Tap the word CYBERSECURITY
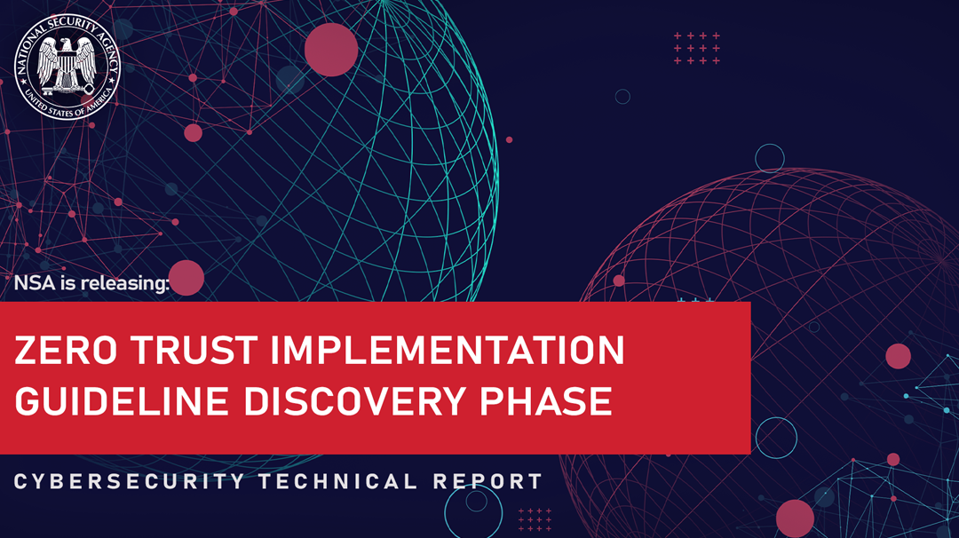point(129,482)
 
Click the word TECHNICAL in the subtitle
point(337,482)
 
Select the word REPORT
point(487,482)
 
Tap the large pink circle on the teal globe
point(331,50)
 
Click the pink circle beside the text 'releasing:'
point(186,278)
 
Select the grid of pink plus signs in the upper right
point(697,48)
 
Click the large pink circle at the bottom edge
point(795,518)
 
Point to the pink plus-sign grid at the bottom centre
point(535,520)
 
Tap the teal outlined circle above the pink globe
point(770,158)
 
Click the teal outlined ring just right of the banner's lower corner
point(776,438)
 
